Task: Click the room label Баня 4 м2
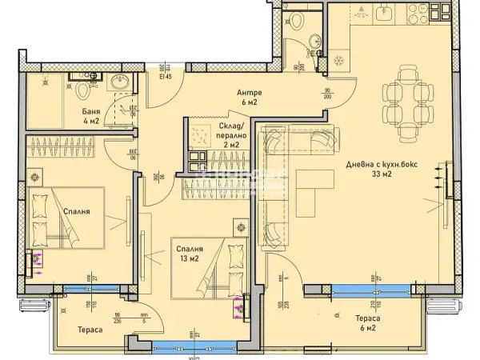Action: pyautogui.click(x=90, y=116)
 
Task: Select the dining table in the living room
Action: pyautogui.click(x=395, y=96)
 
